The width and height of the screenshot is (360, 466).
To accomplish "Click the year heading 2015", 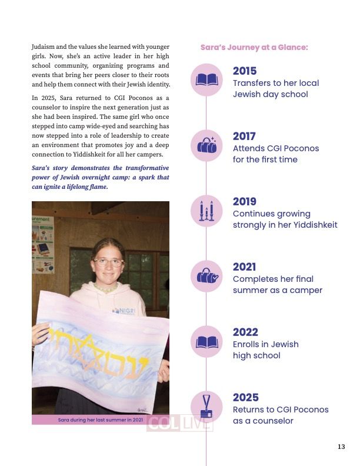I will tap(245, 71).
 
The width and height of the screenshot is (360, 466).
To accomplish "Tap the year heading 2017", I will tap(245, 137).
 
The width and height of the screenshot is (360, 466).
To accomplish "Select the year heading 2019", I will tap(245, 202).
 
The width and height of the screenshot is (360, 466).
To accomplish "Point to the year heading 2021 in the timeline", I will tap(245, 267).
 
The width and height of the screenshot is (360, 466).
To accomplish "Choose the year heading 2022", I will tap(245, 332).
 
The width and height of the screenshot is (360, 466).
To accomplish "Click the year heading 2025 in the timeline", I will tap(245, 398).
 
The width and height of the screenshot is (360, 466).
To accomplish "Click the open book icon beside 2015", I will tap(207, 80).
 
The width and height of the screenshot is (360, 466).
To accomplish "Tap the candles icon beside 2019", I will tap(207, 211).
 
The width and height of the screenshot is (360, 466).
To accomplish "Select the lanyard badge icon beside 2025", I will tap(207, 406).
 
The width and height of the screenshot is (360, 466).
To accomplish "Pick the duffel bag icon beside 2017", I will tap(207, 145).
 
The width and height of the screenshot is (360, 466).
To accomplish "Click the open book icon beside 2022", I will tap(207, 341).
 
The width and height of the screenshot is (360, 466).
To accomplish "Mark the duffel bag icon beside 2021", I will tap(207, 276).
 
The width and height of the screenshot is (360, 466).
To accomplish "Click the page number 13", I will tap(341, 447).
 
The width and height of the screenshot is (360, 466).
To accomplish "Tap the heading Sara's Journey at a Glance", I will tap(254, 47).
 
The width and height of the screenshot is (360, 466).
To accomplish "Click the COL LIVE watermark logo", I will tap(179, 424).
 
